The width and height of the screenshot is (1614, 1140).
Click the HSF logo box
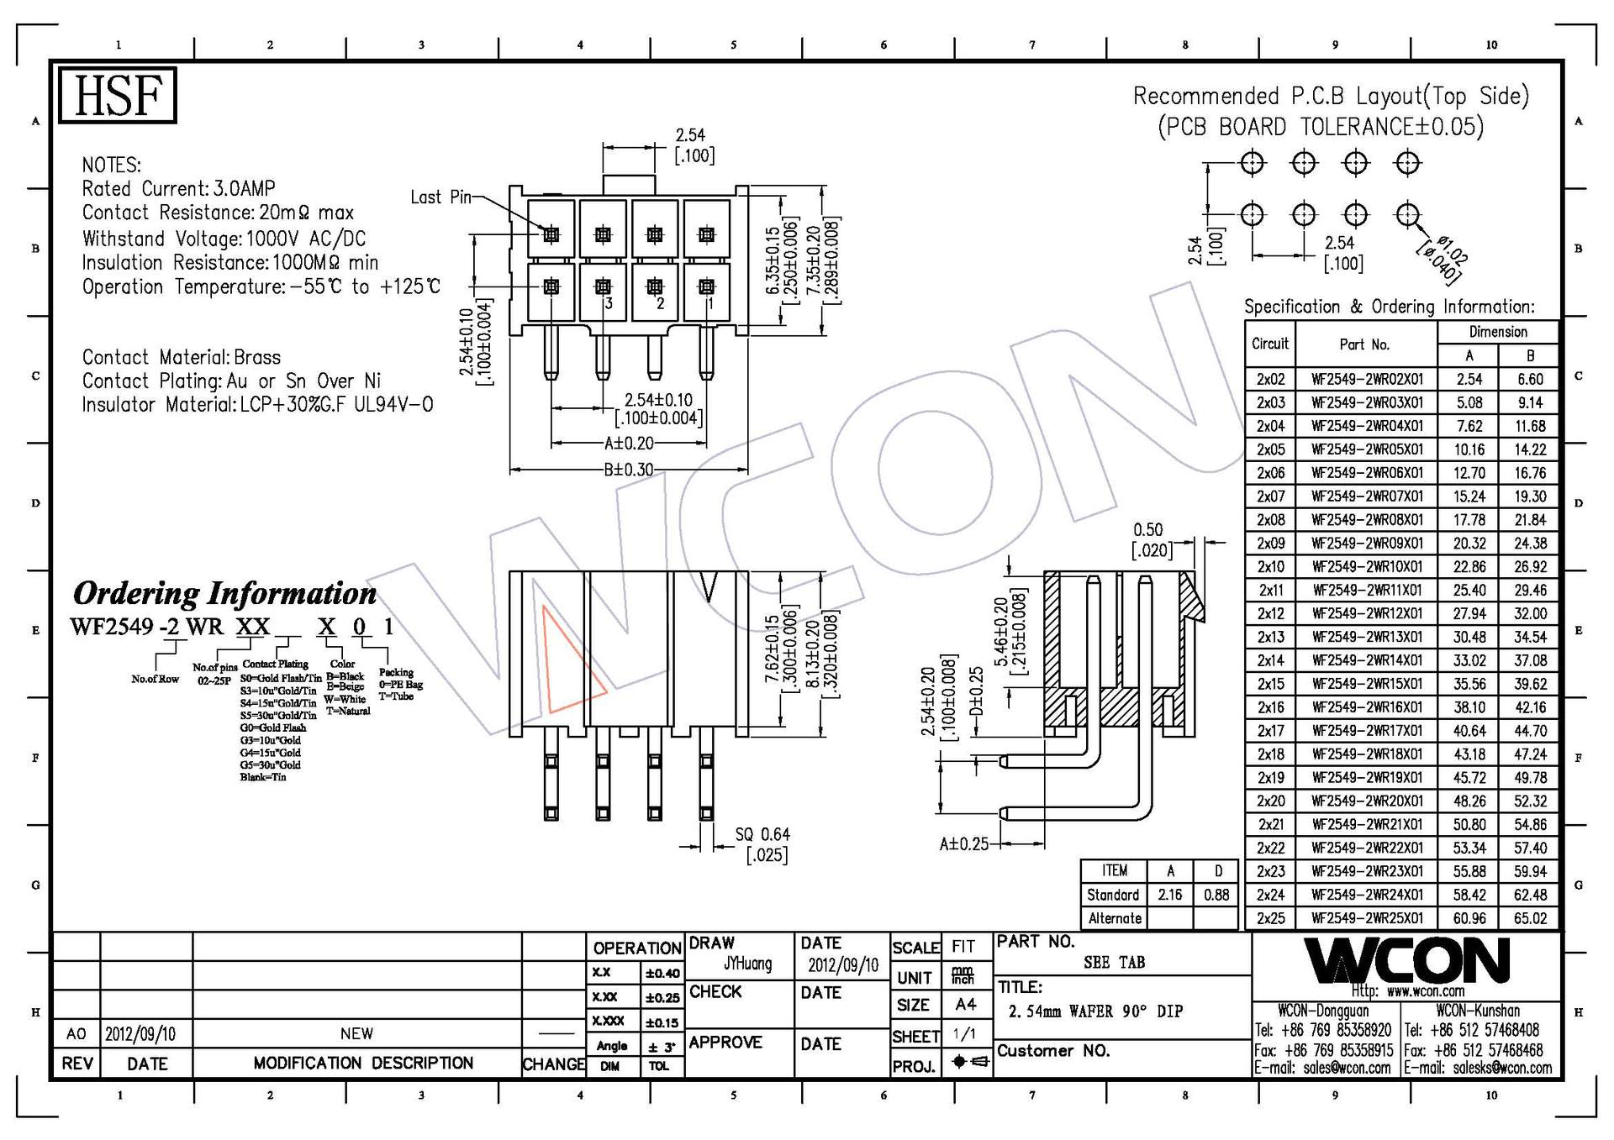(x=117, y=95)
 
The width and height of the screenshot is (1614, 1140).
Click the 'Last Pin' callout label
(x=440, y=197)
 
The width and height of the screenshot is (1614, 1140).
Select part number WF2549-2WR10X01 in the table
(x=1367, y=567)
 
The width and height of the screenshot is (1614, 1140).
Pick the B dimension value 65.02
(x=1530, y=918)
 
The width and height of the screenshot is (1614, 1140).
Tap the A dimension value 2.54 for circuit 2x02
(x=1469, y=379)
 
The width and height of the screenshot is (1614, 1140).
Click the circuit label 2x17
(x=1270, y=731)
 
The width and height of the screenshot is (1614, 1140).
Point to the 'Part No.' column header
(x=1363, y=344)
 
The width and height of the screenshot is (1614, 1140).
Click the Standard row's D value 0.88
(x=1216, y=895)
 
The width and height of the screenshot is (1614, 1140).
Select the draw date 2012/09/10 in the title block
(x=842, y=965)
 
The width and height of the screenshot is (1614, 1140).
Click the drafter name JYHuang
(x=746, y=964)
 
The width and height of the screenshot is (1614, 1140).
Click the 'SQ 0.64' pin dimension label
(x=762, y=834)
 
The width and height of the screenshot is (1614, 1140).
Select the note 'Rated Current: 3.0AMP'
(x=178, y=189)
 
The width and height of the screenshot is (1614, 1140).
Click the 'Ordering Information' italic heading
(x=224, y=593)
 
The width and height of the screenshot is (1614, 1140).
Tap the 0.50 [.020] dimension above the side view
(x=1149, y=539)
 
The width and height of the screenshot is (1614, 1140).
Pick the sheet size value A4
(x=965, y=1004)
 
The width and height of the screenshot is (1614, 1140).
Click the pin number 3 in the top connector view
(x=609, y=303)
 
